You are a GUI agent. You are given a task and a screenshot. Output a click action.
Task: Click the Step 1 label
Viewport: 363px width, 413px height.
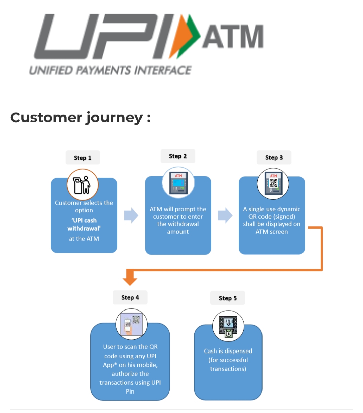pos(83,158)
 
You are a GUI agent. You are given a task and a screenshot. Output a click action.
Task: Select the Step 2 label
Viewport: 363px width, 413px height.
pos(178,156)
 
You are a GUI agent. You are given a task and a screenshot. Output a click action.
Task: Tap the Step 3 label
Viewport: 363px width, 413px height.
pos(274,157)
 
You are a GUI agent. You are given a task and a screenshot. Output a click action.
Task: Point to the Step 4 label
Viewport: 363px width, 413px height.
pos(130,297)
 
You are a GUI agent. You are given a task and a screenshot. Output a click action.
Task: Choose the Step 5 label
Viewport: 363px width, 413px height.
pos(228,298)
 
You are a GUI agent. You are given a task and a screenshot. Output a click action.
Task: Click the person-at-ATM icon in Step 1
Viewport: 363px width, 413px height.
pos(83,185)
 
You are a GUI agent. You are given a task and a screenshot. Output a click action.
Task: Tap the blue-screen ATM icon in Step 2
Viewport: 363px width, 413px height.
pos(178,183)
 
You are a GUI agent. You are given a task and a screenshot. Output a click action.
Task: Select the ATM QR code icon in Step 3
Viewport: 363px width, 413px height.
pos(273,184)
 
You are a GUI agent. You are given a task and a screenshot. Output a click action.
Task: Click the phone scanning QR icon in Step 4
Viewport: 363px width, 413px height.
pos(131,324)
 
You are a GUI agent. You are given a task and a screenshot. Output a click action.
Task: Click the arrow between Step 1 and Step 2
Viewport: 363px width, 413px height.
pos(131,216)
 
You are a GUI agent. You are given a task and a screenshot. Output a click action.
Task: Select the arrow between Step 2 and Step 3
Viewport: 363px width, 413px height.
pos(225,216)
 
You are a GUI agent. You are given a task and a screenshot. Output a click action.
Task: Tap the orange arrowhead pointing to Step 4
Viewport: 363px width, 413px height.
pos(130,279)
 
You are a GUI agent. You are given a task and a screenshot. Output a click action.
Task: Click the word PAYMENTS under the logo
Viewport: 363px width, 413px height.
pos(103,70)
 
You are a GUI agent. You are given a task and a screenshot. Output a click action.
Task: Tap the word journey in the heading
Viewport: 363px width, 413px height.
pos(115,118)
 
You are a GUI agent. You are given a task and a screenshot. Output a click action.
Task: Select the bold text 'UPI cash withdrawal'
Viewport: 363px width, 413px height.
pos(84,224)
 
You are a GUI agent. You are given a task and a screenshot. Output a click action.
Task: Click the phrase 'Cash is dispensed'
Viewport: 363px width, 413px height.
pos(228,351)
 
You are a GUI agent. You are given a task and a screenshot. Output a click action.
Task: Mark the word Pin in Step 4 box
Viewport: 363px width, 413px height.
pos(130,391)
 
